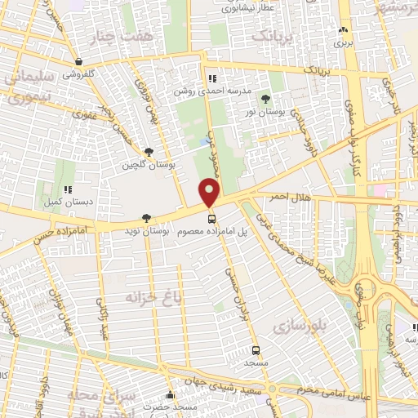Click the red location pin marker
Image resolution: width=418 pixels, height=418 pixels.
[x=211, y=193]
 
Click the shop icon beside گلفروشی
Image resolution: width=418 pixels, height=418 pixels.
[x=78, y=61]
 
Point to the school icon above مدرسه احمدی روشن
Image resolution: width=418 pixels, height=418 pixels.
[x=212, y=79]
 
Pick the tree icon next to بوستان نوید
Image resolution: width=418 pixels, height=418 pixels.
[x=146, y=218]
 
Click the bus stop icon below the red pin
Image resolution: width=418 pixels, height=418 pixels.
[x=212, y=218]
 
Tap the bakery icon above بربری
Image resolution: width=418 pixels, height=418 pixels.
[x=341, y=32]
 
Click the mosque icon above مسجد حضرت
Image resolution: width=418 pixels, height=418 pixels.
[x=170, y=395]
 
